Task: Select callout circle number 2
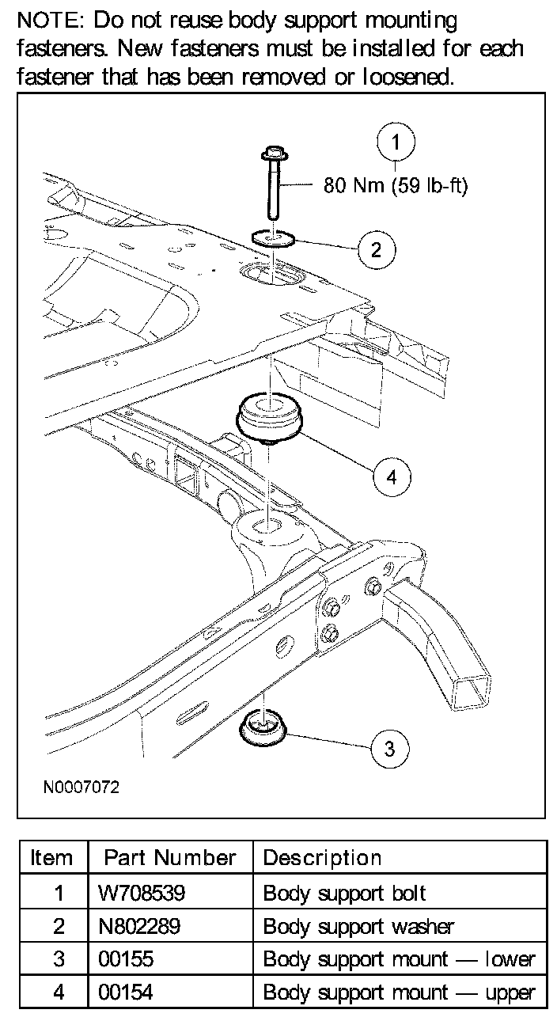376,249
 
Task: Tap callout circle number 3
388,747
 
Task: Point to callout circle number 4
392,476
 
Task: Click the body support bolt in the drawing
272,182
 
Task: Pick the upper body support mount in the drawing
269,417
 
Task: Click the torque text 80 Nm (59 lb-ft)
396,187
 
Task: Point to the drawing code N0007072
81,788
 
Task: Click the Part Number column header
170,858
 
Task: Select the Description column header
322,858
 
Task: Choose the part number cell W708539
142,894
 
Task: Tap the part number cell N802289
142,926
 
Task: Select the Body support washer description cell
358,926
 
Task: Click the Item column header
51,858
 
